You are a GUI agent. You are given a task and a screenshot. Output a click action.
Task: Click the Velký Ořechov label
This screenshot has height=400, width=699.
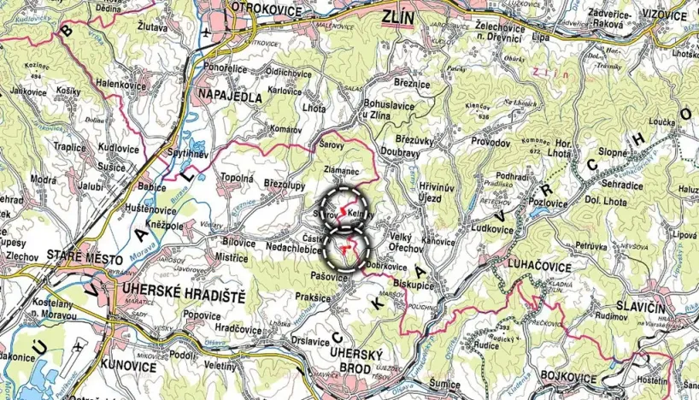coord(402,242)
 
